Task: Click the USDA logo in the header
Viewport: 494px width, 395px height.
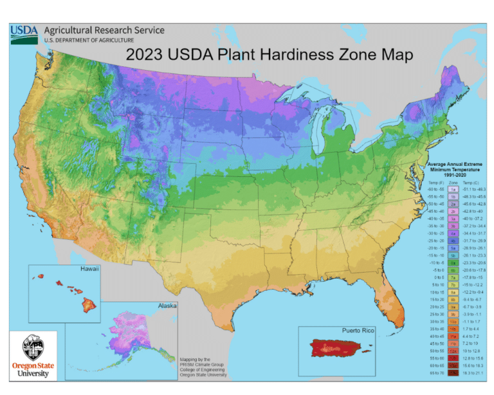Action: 24,34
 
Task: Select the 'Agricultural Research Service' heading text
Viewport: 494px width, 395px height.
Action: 104,30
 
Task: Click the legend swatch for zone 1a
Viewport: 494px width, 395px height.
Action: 453,190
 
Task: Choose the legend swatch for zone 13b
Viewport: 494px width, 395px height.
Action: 453,372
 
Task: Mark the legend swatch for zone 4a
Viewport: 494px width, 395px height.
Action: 453,234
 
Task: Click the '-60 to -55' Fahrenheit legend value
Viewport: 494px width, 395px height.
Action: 434,190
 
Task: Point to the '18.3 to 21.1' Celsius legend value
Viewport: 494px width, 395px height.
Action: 473,372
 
